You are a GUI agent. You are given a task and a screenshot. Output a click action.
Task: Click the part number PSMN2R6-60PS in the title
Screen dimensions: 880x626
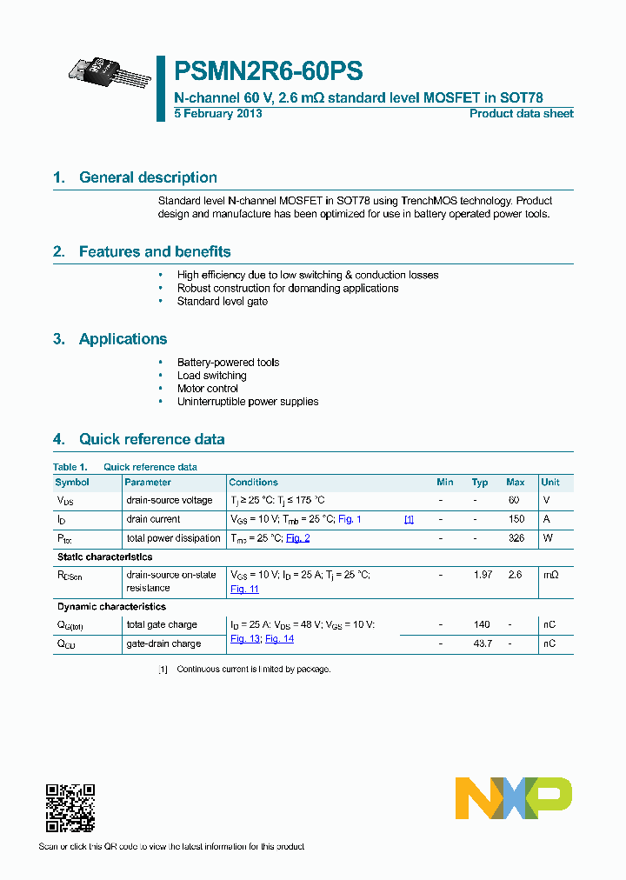click(x=269, y=71)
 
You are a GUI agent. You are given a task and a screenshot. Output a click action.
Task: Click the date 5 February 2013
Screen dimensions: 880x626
click(x=218, y=114)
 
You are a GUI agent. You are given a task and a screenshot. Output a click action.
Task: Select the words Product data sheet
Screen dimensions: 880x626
click(x=521, y=114)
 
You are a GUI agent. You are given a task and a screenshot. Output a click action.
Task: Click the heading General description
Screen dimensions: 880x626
click(x=148, y=177)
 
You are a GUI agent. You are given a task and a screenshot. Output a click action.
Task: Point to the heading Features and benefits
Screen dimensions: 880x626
click(x=155, y=252)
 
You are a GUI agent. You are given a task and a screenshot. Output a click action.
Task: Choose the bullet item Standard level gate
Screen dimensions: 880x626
click(x=222, y=301)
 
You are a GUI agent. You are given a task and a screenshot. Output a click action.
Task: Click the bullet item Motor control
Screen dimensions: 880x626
click(x=207, y=389)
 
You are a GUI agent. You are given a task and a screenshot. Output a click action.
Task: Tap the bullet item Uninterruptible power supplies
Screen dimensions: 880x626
click(x=247, y=402)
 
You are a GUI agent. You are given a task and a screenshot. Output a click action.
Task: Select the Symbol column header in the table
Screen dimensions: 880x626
click(x=72, y=483)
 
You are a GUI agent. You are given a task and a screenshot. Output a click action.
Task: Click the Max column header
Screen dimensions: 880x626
click(x=515, y=483)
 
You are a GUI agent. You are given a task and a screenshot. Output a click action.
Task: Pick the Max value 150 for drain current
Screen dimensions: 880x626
click(x=516, y=519)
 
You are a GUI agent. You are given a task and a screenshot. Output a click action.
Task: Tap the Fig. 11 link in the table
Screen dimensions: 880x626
click(x=244, y=589)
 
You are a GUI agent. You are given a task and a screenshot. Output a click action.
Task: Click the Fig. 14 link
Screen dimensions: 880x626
click(x=279, y=638)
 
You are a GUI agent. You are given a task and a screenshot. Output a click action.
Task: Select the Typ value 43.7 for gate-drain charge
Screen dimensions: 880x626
click(x=482, y=643)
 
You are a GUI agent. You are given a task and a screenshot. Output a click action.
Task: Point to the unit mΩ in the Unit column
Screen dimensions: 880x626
click(x=549, y=575)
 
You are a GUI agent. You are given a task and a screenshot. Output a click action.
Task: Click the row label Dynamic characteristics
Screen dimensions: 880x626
click(x=111, y=607)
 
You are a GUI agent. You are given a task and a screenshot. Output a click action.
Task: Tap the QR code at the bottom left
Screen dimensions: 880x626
click(x=70, y=808)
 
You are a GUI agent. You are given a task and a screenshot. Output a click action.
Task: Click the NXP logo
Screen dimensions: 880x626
click(x=514, y=798)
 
